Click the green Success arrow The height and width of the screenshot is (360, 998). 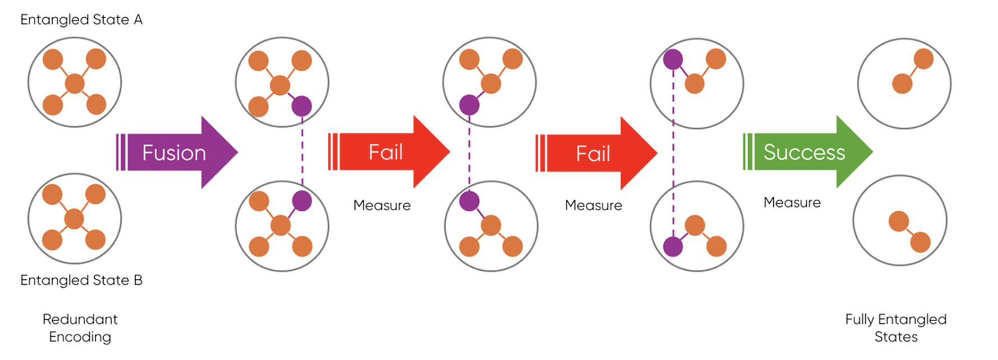(805, 152)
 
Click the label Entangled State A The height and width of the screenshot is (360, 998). (81, 20)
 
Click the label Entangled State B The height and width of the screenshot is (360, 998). (81, 280)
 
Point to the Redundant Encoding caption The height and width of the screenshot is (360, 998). (80, 328)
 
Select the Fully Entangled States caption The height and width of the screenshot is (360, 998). (895, 328)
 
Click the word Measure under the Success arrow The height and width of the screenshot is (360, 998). (792, 202)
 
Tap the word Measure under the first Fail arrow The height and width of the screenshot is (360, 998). (382, 205)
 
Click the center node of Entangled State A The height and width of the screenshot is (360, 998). (75, 84)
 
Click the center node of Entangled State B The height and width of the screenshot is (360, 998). (74, 219)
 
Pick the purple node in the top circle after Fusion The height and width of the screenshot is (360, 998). (302, 105)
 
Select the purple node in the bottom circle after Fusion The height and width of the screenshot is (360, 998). (302, 200)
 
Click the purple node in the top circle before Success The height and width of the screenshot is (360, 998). (673, 59)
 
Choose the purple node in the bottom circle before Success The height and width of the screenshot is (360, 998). (673, 246)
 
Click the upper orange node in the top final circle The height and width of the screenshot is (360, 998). (923, 58)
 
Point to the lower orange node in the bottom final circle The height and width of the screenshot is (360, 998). (920, 243)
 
